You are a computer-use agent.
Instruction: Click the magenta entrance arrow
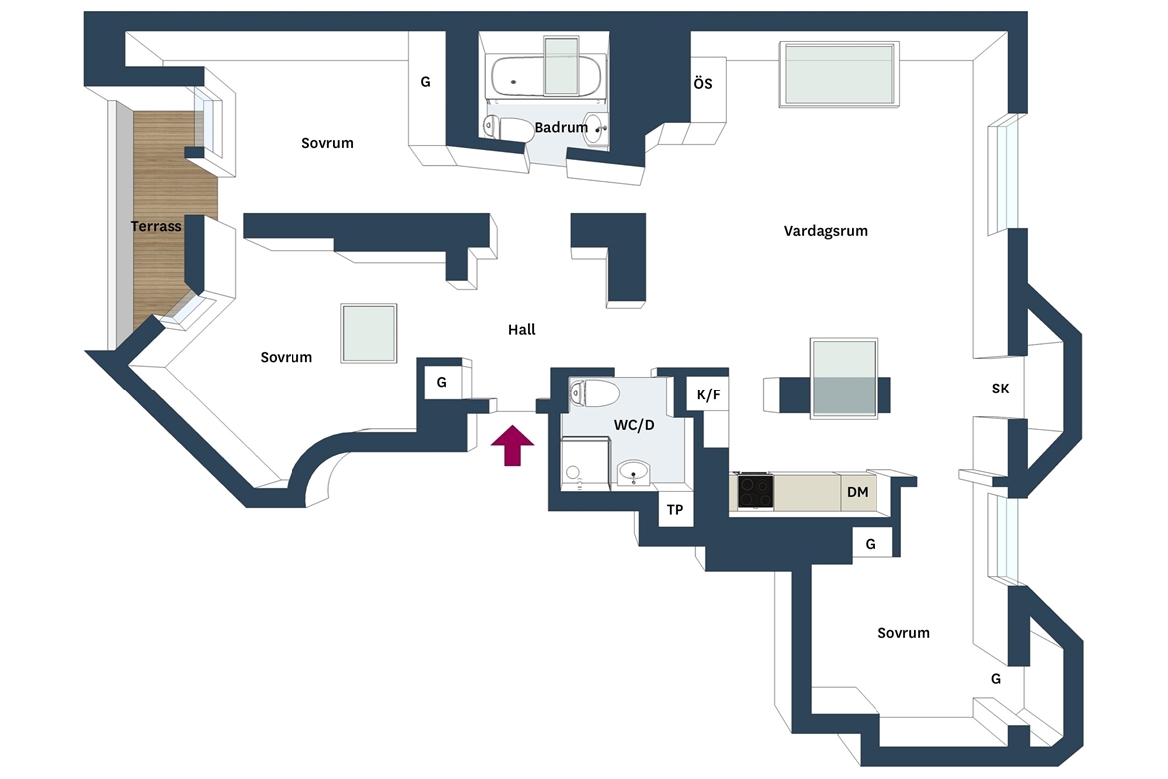512,445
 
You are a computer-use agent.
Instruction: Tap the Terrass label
156,226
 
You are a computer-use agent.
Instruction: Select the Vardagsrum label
826,231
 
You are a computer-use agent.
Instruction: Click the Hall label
521,329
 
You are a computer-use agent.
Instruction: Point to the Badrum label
561,128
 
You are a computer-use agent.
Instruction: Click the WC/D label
634,425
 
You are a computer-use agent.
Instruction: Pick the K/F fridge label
709,395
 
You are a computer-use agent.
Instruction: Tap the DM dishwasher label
858,492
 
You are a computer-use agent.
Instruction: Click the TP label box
675,510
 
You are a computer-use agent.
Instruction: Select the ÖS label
703,83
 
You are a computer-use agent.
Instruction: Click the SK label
1000,389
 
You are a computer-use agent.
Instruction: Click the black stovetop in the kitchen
756,492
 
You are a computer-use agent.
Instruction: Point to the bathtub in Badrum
546,76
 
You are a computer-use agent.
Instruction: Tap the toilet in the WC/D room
594,392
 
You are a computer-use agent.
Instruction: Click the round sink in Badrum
594,128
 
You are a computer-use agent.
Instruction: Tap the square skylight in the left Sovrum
368,333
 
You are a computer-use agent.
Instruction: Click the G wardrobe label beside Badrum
426,82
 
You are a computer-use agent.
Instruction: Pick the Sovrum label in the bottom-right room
903,633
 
